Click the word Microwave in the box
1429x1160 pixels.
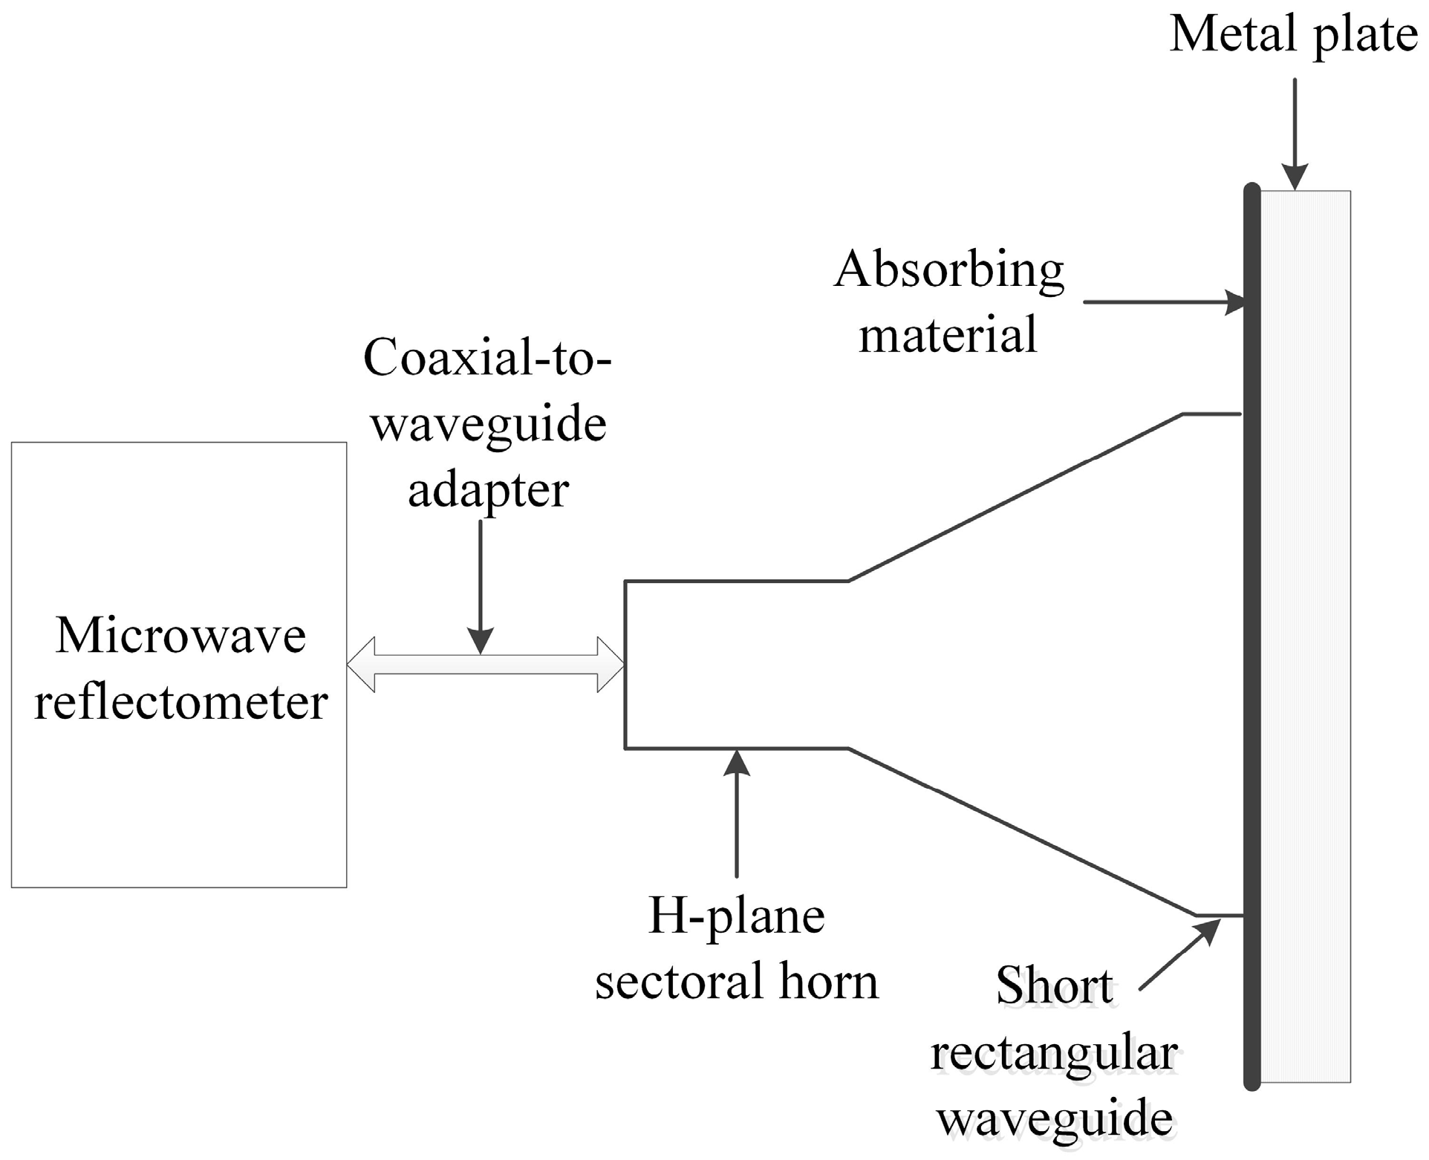180,636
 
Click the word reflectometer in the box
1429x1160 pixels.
180,702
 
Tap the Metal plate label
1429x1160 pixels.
1293,35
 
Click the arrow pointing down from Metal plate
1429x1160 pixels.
1295,134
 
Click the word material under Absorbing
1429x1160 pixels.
948,334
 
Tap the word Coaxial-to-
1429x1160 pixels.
487,358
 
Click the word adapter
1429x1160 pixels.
488,490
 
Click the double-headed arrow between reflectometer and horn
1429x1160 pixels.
486,665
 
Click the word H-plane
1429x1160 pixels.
737,916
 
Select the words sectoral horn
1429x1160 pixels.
737,981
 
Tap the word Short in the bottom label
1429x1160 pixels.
1054,985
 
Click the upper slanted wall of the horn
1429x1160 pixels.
1015,498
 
